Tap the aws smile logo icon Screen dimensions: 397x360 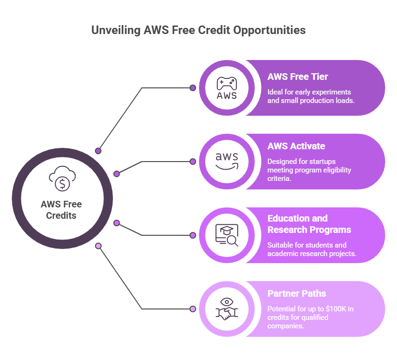coord(226,161)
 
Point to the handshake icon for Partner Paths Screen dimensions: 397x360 coord(226,309)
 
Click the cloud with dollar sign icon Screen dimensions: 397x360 coord(62,179)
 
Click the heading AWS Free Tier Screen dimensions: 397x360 coord(297,77)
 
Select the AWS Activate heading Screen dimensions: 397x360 coord(296,146)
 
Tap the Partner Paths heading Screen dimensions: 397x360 coord(297,293)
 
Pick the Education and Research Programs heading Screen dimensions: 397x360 coord(309,224)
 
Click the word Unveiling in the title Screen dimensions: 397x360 coord(116,30)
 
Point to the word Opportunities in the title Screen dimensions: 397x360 coord(269,31)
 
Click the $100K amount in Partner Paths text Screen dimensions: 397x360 coord(336,309)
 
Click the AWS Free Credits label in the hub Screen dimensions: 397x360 coord(61,210)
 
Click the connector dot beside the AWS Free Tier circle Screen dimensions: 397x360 coord(193,88)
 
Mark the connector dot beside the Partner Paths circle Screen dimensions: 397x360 coord(193,309)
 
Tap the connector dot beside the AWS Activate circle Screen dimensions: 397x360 coord(193,162)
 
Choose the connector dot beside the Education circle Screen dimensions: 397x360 coord(193,235)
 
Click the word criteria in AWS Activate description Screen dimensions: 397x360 coord(279,179)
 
